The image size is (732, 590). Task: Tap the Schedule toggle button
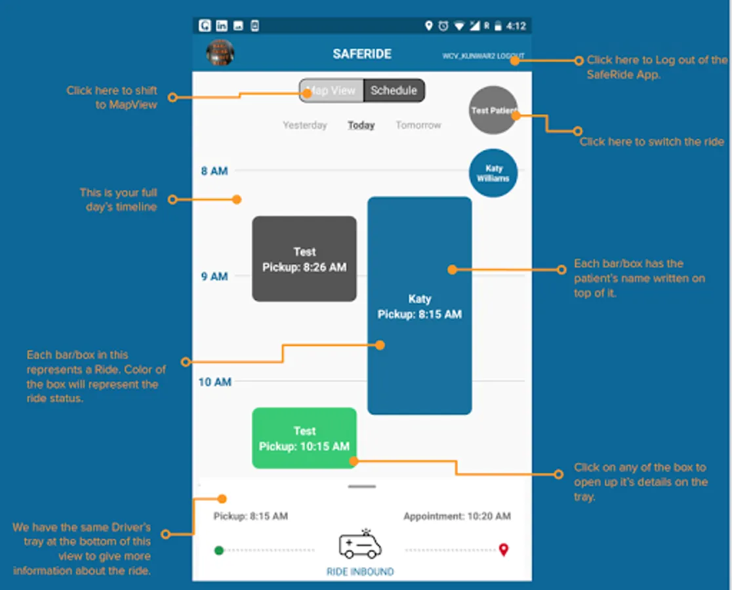tap(394, 90)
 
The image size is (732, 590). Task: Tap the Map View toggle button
tap(331, 90)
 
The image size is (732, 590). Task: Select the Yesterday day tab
tap(304, 125)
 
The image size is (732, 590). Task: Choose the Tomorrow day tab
tap(418, 125)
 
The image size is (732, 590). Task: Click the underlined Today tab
tap(361, 125)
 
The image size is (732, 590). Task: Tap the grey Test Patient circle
tap(493, 110)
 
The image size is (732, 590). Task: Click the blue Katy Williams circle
tap(493, 173)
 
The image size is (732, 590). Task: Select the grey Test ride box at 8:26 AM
tap(304, 259)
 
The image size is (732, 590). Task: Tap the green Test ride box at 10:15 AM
tap(304, 439)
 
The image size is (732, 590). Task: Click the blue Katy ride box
tap(419, 305)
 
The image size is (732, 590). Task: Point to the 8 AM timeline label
tap(214, 171)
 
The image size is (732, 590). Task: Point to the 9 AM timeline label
tap(214, 277)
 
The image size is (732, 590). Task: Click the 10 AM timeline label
tap(215, 382)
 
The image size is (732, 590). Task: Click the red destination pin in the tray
tap(503, 549)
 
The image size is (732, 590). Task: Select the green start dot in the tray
tap(219, 550)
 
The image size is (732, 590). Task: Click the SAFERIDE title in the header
tap(362, 54)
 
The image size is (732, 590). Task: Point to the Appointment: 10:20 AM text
tap(457, 517)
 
